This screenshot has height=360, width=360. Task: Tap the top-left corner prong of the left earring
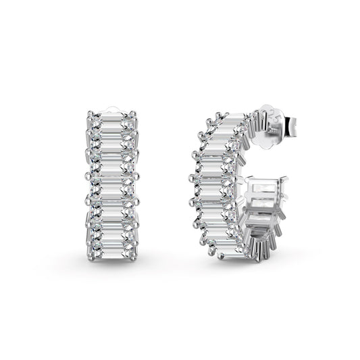click(90, 111)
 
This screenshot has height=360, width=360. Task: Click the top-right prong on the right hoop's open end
click(289, 179)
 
